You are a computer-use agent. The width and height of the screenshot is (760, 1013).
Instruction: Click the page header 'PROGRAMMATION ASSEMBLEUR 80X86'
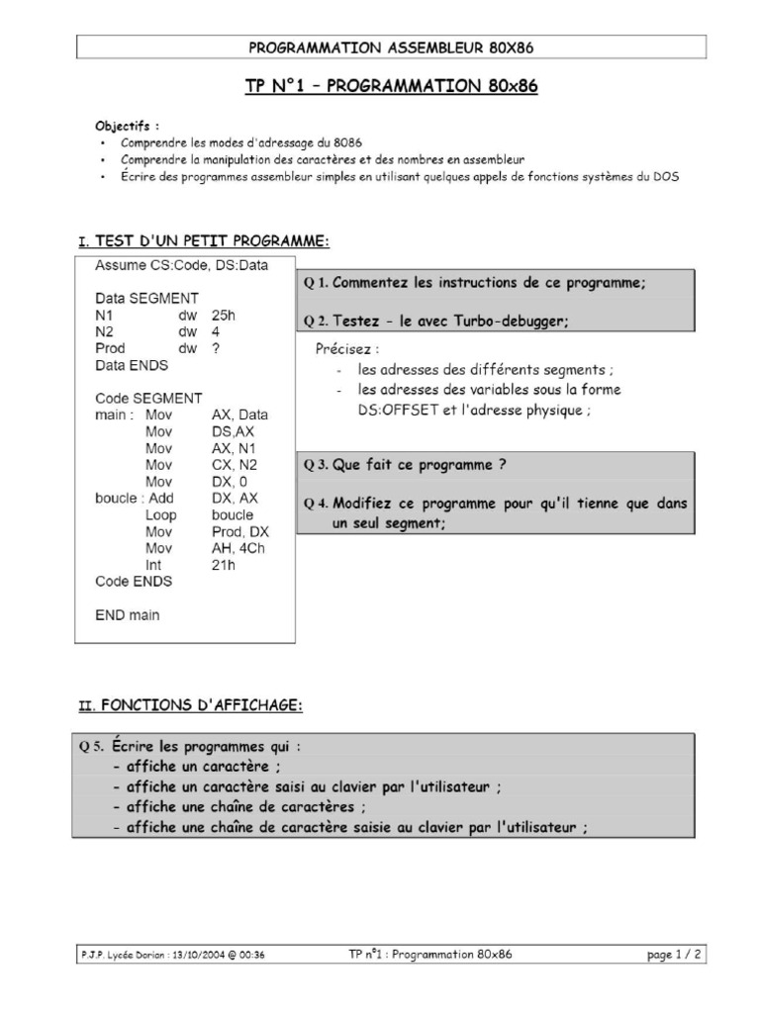[392, 46]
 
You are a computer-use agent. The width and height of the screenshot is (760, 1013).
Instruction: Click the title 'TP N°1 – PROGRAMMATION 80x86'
[391, 86]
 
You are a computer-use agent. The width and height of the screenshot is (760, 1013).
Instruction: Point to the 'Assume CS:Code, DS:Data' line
[181, 264]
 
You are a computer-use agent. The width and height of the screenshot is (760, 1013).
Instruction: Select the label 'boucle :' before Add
[119, 498]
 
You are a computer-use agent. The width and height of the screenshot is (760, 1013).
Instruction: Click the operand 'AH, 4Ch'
[239, 548]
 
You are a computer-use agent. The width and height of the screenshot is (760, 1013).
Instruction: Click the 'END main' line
[127, 614]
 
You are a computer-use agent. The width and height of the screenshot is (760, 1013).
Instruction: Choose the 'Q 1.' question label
[317, 283]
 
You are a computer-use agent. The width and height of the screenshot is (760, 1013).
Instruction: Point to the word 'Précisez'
[346, 349]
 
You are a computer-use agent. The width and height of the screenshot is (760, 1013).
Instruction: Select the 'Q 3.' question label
[317, 464]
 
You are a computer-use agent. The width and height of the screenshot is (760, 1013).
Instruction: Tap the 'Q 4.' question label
[317, 503]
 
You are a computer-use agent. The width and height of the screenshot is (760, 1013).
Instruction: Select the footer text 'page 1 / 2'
[674, 955]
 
